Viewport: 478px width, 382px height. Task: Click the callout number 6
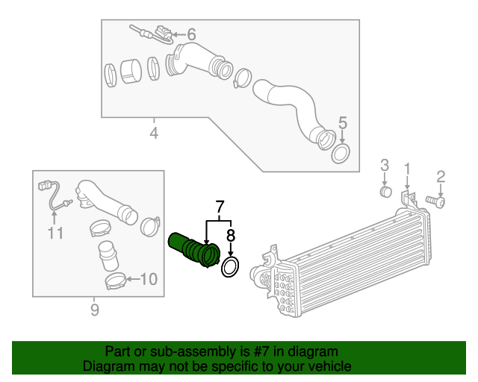(x=191, y=34)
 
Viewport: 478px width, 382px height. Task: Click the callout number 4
(x=154, y=134)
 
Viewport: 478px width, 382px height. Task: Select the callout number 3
(x=385, y=165)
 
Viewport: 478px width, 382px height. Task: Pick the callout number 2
(x=441, y=176)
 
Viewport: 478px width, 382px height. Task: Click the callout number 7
(x=220, y=207)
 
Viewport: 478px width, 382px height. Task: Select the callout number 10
(x=149, y=280)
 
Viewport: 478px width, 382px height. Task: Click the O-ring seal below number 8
(x=231, y=267)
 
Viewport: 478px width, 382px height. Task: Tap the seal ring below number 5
(x=341, y=154)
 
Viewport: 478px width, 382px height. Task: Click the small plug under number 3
(x=385, y=192)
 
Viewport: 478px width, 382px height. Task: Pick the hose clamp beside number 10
(x=115, y=282)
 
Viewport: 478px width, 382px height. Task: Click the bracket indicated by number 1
(x=408, y=198)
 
